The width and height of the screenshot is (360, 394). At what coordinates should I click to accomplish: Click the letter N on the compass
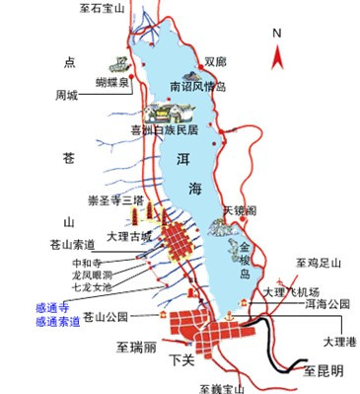click(277, 32)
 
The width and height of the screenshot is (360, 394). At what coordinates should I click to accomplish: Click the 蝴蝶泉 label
click(110, 82)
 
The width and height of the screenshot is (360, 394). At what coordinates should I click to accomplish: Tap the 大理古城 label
click(129, 236)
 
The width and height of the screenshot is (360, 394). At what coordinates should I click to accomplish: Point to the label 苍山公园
click(108, 317)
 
